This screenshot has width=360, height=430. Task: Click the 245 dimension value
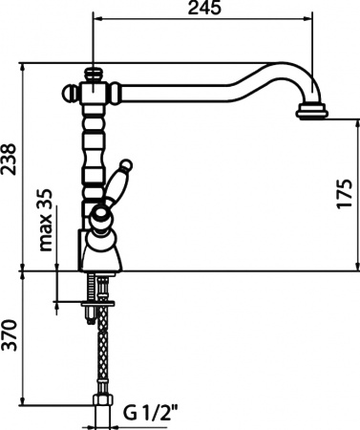pyautogui.click(x=204, y=11)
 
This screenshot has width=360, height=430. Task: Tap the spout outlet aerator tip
pyautogui.click(x=312, y=114)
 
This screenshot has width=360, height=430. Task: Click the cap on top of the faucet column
pyautogui.click(x=94, y=72)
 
